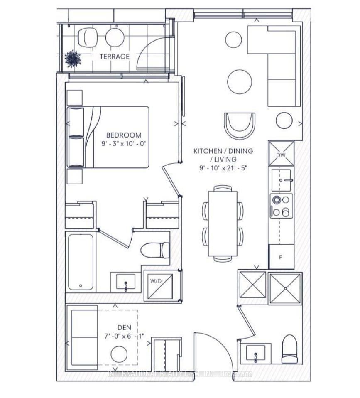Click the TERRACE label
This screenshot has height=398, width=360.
coord(114,57)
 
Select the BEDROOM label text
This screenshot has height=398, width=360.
coord(124,135)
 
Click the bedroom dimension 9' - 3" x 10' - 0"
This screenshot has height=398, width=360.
coord(124,143)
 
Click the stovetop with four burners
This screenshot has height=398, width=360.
coord(281,206)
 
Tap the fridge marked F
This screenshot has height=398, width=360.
coord(281,257)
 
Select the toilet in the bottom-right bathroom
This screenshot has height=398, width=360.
coord(289,349)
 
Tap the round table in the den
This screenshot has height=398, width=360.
coord(119,354)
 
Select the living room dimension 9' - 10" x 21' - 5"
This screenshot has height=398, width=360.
coord(223,168)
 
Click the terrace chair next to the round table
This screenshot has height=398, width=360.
coord(88,37)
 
